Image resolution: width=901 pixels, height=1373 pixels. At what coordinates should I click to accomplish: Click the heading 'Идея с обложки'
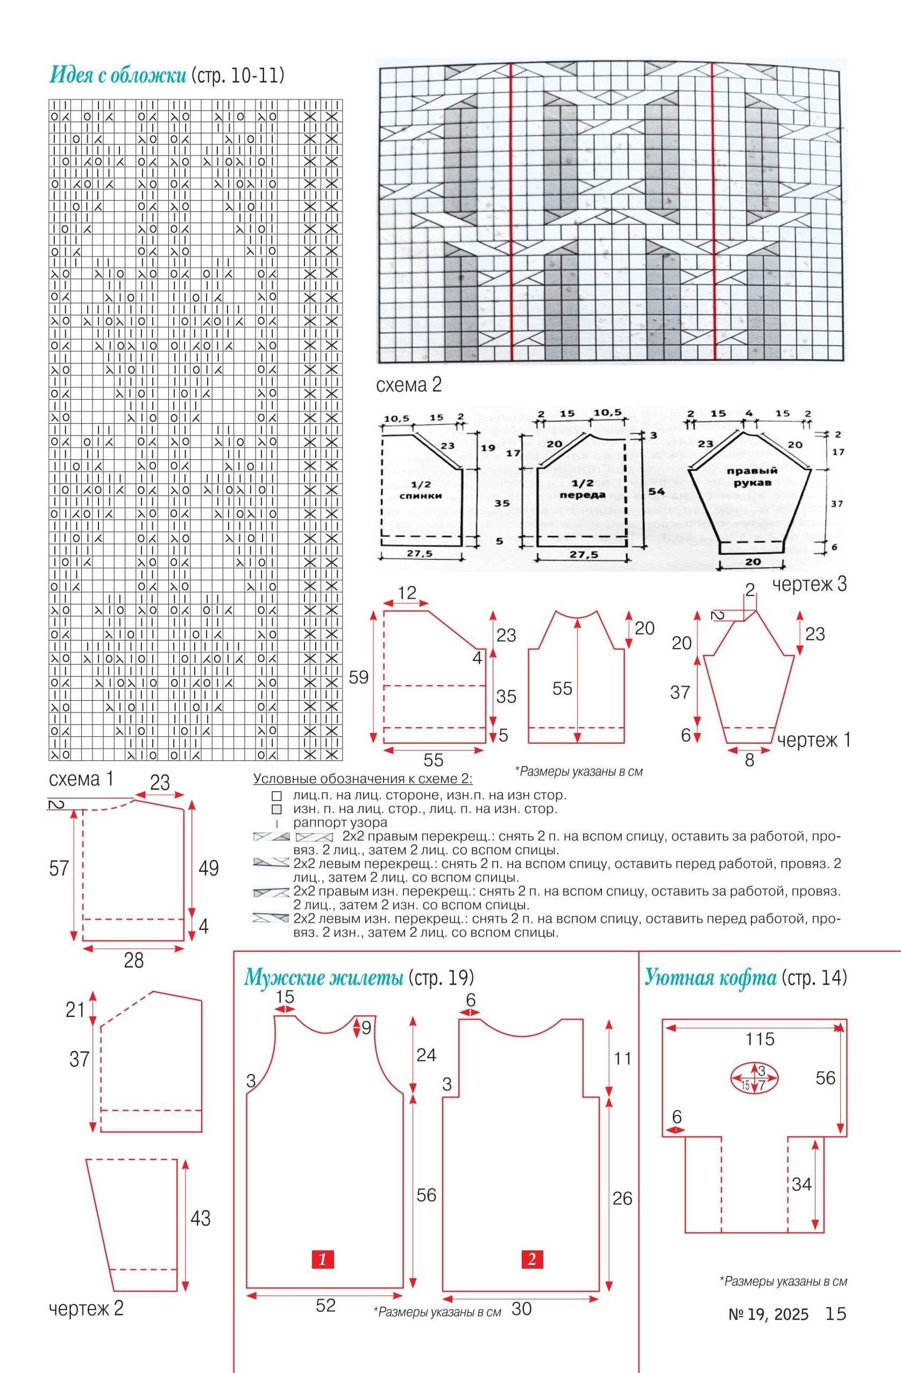click(x=118, y=75)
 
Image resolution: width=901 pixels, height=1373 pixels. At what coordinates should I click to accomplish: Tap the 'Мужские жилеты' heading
click(x=323, y=977)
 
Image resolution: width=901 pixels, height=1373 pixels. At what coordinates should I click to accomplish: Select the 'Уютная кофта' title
click(x=710, y=977)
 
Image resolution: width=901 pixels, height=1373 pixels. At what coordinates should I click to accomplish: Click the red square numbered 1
click(x=323, y=1259)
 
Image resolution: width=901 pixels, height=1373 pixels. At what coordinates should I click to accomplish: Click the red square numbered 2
click(x=531, y=1259)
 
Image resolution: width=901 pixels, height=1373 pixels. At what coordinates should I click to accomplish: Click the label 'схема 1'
click(x=81, y=779)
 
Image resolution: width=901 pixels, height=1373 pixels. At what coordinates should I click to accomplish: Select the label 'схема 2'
click(x=409, y=385)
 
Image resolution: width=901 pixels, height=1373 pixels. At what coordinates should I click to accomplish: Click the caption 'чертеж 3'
click(x=810, y=585)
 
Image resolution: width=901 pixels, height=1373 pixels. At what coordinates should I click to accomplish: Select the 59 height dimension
click(x=358, y=677)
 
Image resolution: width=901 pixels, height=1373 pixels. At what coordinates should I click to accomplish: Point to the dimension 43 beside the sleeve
click(x=200, y=1219)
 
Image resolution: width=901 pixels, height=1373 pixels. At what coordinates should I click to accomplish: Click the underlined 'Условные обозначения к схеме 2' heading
click(x=363, y=779)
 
